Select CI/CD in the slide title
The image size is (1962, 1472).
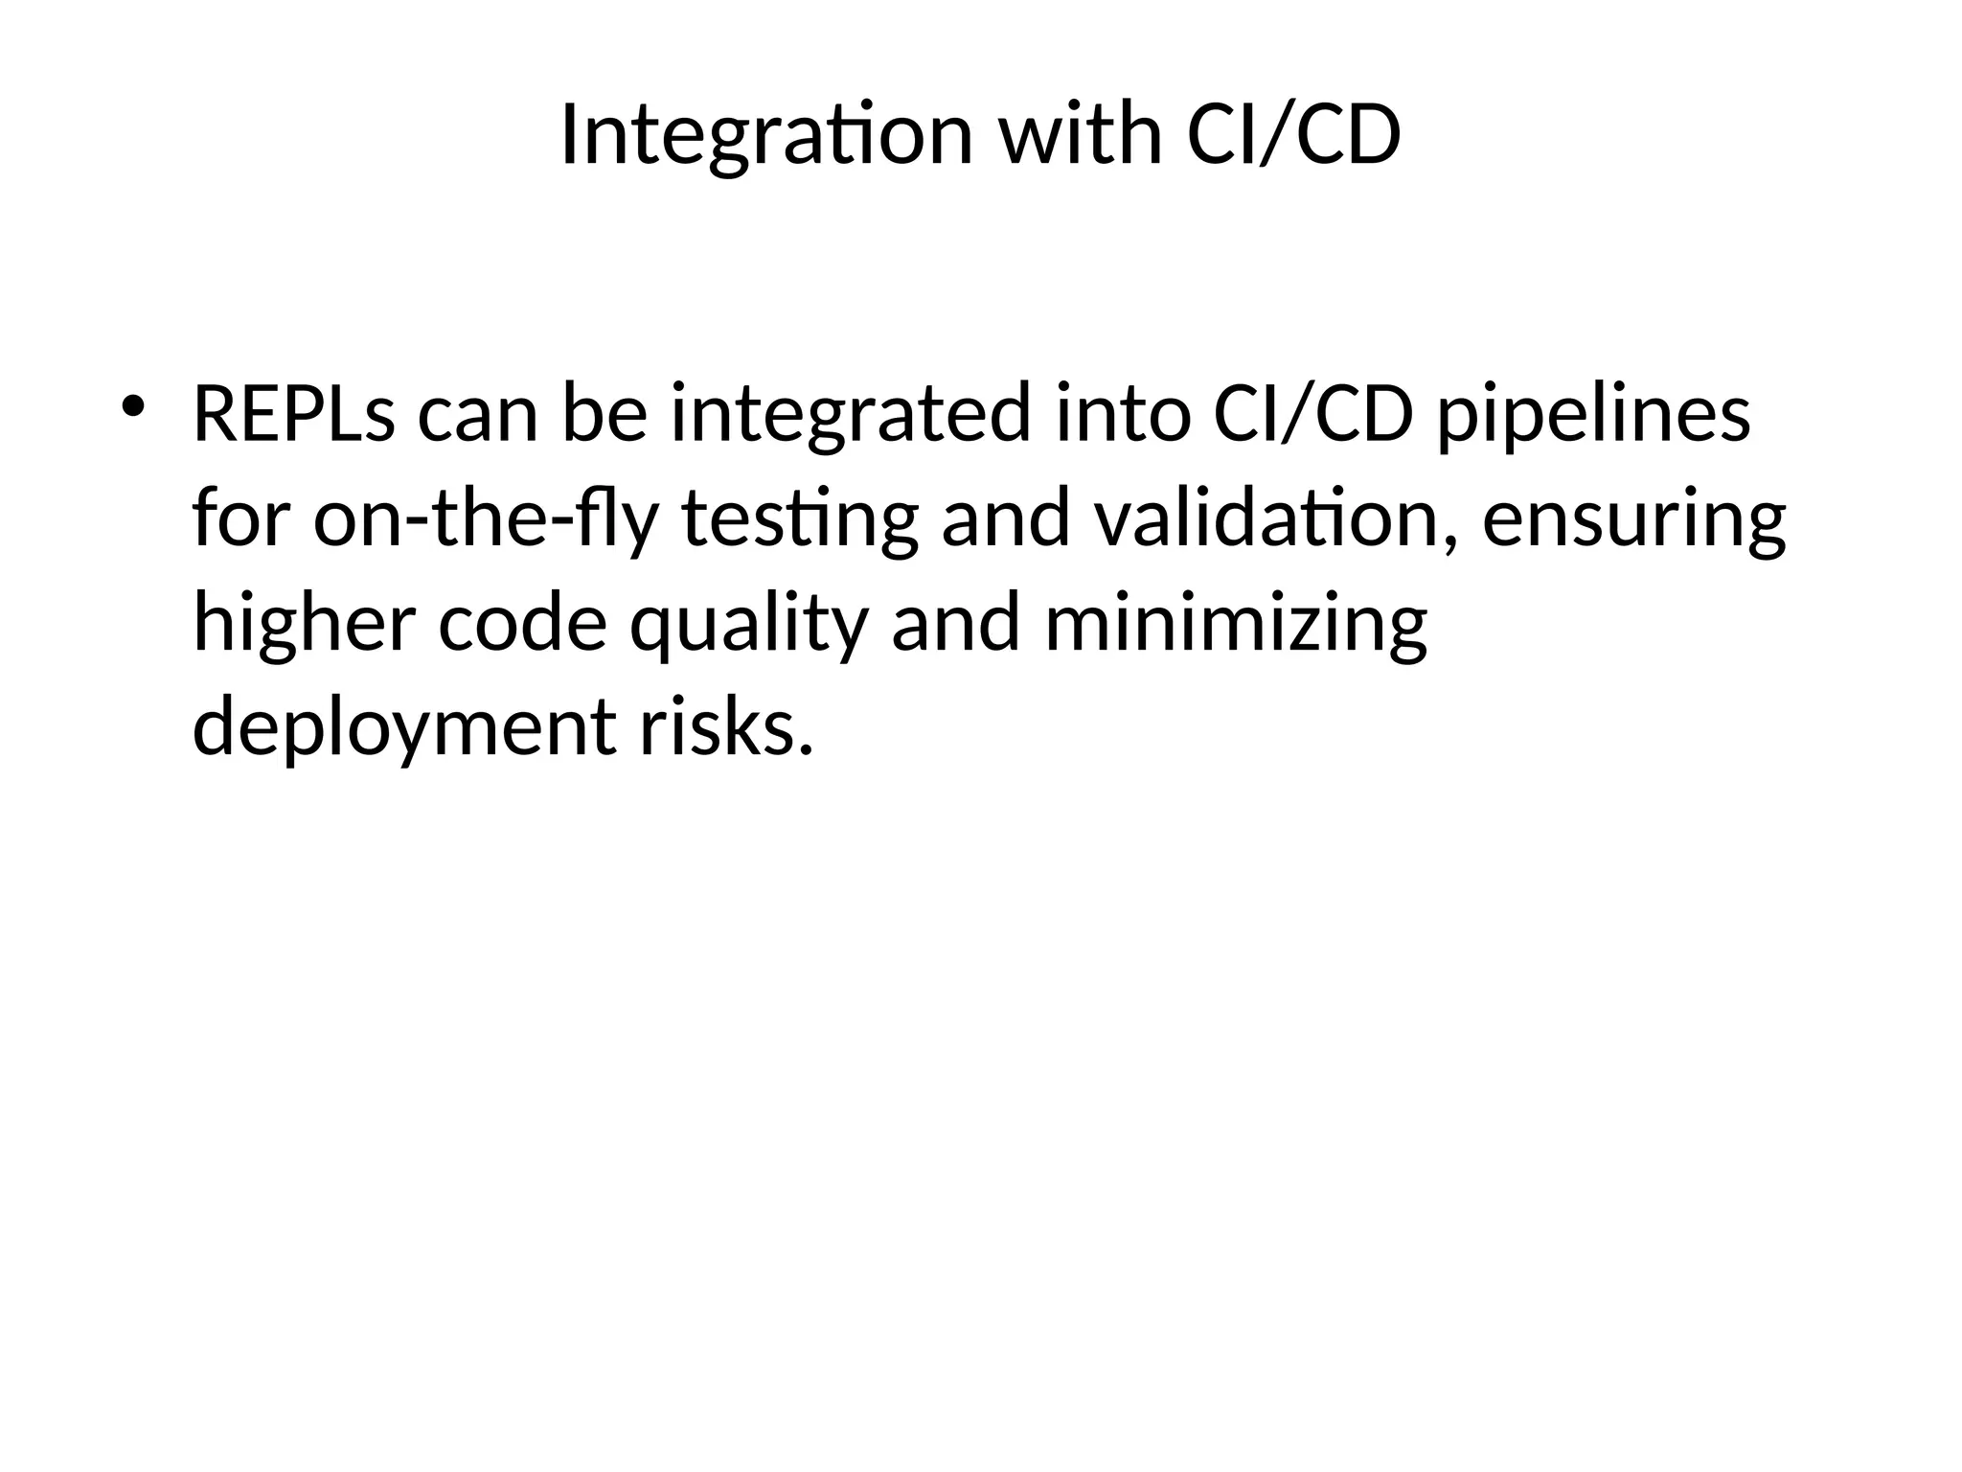point(1293,136)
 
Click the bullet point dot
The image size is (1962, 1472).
point(131,404)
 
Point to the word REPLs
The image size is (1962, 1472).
point(293,414)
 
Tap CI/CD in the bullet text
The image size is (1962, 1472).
point(1312,414)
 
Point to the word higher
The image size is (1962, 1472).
point(305,623)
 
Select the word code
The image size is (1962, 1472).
point(523,623)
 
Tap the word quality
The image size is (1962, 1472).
point(749,625)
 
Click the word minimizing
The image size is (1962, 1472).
point(1236,625)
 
